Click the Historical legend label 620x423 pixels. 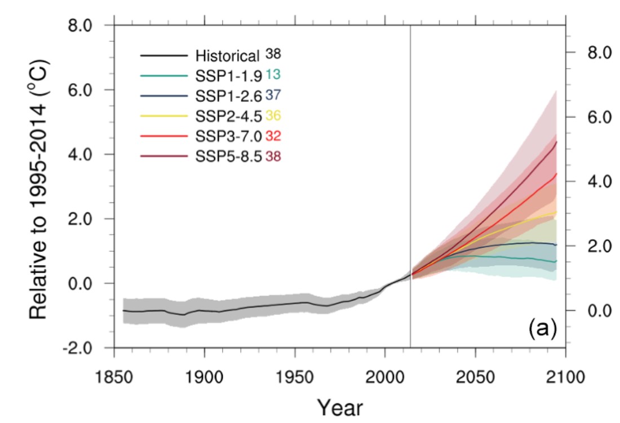[227, 56]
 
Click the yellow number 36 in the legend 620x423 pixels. [273, 116]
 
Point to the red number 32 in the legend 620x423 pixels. [273, 136]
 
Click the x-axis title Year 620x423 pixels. [339, 406]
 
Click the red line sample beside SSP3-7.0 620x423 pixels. [163, 136]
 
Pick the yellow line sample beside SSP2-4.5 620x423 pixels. [163, 116]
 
